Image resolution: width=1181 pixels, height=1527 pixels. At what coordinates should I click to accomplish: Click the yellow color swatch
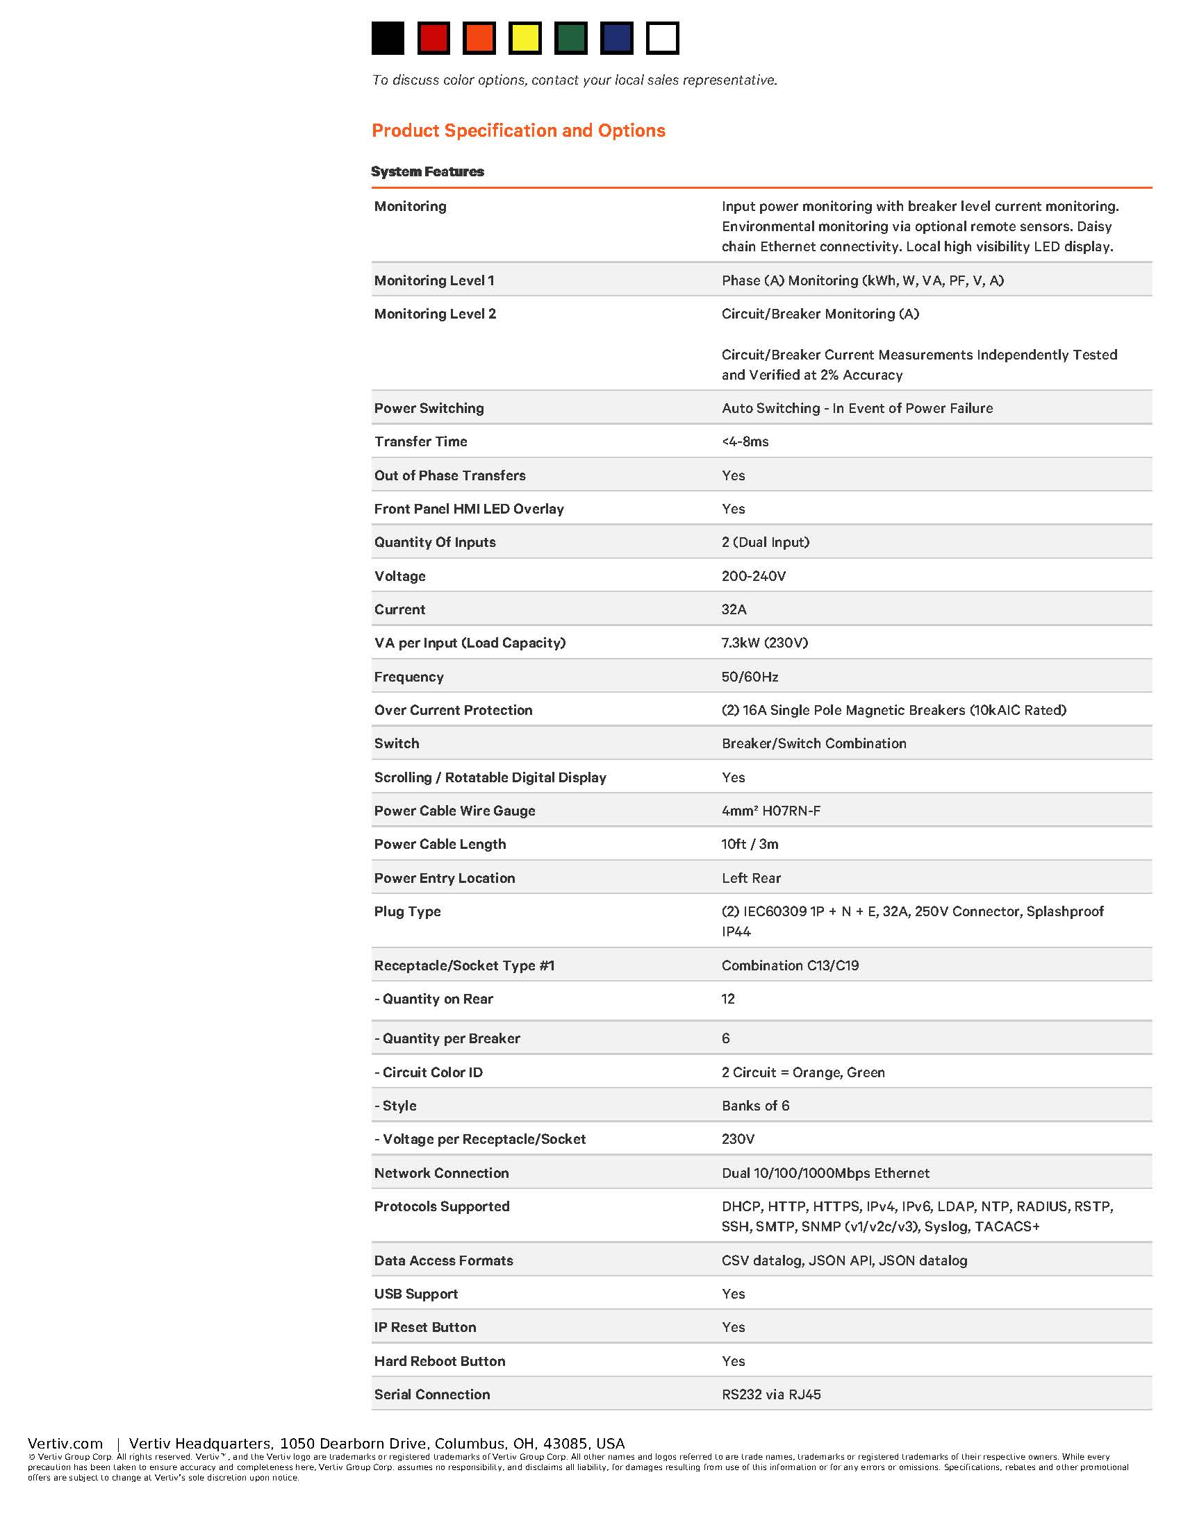coord(525,37)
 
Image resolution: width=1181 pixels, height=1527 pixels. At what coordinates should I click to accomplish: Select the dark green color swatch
coord(570,37)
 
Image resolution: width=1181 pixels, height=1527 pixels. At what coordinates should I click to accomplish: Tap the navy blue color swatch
coord(616,37)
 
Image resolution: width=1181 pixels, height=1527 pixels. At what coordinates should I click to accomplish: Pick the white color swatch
coord(662,37)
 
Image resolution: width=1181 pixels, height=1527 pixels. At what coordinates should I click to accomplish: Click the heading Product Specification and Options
coord(518,130)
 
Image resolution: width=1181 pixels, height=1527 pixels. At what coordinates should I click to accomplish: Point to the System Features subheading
coord(427,172)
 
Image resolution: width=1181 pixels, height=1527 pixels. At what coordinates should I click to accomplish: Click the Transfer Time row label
coord(420,442)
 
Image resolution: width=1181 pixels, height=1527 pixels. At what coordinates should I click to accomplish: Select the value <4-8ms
coord(745,442)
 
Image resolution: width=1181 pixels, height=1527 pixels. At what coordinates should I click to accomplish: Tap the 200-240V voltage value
coord(754,576)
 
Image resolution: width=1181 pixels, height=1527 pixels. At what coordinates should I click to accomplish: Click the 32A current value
coord(734,609)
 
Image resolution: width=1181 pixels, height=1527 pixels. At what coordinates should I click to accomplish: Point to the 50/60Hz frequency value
coord(750,677)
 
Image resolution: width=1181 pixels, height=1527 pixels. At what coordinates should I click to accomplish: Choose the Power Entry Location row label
coord(445,878)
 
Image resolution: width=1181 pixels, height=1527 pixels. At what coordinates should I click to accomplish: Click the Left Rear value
coord(751,878)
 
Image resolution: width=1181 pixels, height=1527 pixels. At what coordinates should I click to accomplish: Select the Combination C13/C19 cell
coord(790,965)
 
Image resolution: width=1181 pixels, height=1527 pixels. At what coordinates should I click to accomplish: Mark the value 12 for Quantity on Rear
coord(728,999)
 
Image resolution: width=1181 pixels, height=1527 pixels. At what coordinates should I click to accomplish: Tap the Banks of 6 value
coord(755,1106)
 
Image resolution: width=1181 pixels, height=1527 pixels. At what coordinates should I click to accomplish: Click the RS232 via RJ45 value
coord(771,1395)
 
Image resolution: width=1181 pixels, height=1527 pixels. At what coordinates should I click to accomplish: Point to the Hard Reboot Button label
coord(439,1361)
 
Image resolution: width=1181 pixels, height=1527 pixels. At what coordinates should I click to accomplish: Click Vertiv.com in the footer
coord(65,1444)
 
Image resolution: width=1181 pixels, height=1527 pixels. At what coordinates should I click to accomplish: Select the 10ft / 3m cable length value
coord(750,845)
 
